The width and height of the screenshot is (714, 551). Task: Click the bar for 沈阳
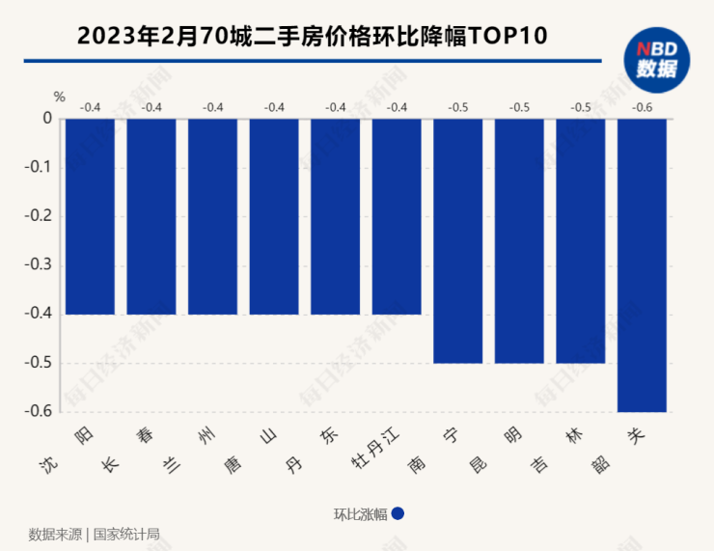pyautogui.click(x=90, y=216)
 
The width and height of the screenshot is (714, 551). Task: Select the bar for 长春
pyautogui.click(x=151, y=216)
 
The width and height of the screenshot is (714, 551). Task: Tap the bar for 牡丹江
pyautogui.click(x=397, y=216)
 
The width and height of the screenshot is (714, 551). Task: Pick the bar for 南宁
pyautogui.click(x=457, y=240)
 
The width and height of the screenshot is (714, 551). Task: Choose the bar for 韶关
pyautogui.click(x=642, y=264)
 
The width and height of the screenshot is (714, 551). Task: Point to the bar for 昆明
pyautogui.click(x=519, y=240)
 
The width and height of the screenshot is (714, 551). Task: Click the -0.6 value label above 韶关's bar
pyautogui.click(x=642, y=106)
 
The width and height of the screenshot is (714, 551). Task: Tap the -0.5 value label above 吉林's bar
pyautogui.click(x=581, y=106)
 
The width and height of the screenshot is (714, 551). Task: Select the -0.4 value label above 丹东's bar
pyautogui.click(x=336, y=106)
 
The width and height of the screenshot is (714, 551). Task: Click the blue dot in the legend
pyautogui.click(x=398, y=514)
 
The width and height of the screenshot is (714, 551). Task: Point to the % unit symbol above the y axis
pyautogui.click(x=59, y=96)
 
